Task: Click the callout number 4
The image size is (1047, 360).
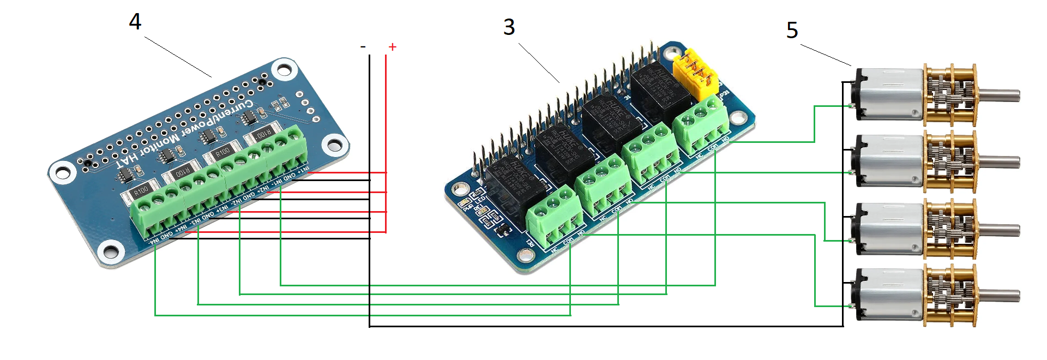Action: tap(135, 22)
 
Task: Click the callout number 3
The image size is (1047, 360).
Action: tap(509, 27)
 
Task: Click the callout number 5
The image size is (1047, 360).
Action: tap(792, 30)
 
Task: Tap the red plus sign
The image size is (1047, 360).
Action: tap(392, 47)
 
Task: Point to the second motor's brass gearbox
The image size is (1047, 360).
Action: tap(949, 163)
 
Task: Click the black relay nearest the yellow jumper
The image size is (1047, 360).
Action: tap(660, 90)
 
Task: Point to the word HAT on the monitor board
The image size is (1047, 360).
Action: tap(127, 160)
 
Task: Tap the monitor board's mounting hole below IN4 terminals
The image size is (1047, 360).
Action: tap(110, 251)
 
